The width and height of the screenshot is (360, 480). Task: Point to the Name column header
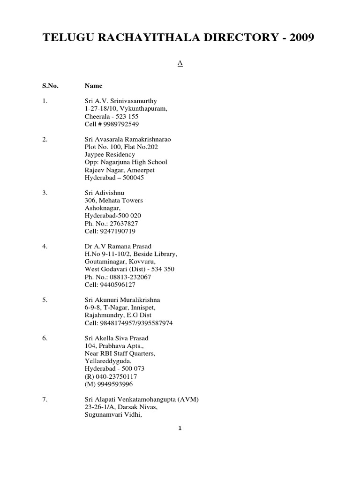coord(93,86)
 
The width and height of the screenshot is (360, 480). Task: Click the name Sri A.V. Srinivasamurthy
coord(121,101)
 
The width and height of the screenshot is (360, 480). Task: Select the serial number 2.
coord(45,139)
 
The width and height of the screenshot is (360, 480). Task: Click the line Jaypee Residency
coord(110,154)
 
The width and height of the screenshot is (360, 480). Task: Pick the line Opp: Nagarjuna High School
coord(126,162)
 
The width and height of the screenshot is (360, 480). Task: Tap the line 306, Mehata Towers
coord(114,201)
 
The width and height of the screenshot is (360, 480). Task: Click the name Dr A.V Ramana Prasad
coord(118,247)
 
